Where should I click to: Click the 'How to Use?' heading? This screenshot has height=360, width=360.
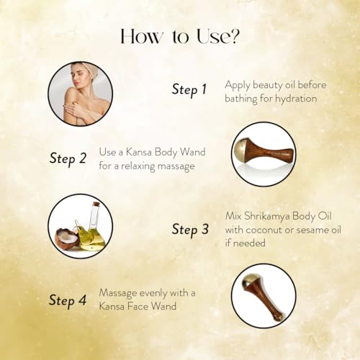click(x=180, y=37)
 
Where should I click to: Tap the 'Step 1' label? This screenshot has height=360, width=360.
click(x=189, y=90)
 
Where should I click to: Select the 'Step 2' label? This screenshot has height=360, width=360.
click(x=68, y=158)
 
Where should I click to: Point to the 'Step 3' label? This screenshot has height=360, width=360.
click(x=190, y=229)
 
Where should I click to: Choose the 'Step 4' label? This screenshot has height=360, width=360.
click(x=68, y=300)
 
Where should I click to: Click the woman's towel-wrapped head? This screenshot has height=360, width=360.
click(x=82, y=68)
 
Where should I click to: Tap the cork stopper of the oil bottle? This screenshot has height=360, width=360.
click(x=96, y=204)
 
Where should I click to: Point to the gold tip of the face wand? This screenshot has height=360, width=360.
click(x=248, y=282)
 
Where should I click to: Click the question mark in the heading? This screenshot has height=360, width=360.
click(x=233, y=37)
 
